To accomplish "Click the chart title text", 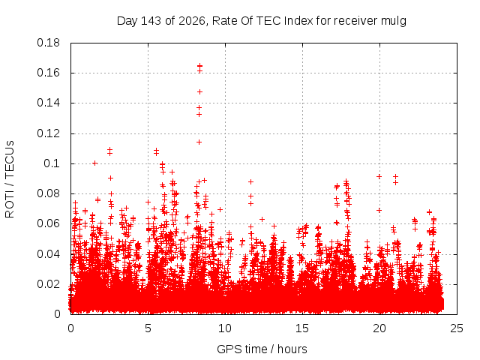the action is (262, 21).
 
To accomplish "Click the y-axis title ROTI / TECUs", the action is (10, 179).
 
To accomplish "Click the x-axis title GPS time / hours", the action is (262, 349).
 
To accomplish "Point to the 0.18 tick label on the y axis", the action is (48, 43).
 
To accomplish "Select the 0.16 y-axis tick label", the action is (48, 73).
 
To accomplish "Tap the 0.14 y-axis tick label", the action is (48, 103).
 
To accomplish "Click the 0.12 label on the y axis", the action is (48, 133).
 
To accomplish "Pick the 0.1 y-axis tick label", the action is (52, 163).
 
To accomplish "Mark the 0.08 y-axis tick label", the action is (48, 193).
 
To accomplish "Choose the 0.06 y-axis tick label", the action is (48, 223).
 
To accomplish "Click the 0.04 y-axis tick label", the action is (48, 254).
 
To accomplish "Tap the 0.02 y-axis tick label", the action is (48, 284).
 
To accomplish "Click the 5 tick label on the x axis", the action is (148, 328).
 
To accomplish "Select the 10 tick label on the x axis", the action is (225, 328).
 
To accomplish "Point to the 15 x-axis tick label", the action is (302, 328).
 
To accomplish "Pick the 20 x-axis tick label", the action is (379, 328).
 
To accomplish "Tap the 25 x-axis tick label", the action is (457, 328).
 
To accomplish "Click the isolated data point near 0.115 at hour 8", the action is (199, 142).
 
